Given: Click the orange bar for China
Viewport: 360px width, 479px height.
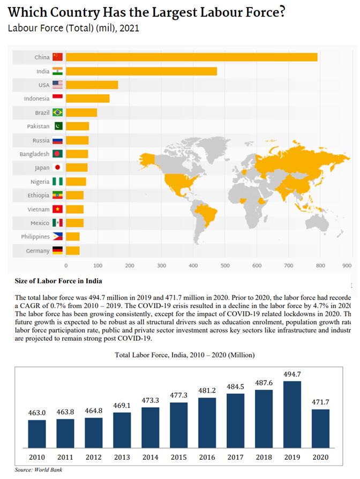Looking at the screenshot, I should click(191, 57).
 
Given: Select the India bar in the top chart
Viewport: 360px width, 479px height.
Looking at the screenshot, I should click(141, 71).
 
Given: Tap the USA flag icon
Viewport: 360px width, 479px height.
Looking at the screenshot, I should click(57, 85).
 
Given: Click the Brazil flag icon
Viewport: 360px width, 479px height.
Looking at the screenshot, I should click(57, 113).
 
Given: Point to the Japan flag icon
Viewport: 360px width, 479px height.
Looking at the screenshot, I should click(57, 168).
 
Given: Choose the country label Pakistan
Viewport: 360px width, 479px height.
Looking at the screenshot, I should click(38, 126).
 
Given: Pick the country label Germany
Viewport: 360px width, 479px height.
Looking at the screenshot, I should click(37, 251).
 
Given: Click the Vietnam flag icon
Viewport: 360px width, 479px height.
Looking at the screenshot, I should click(57, 209).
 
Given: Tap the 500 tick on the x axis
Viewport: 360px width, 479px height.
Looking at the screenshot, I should click(225, 265).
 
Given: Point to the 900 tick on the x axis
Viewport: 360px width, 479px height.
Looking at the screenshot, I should click(347, 265).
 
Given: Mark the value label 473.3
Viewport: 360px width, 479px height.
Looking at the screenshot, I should click(150, 400).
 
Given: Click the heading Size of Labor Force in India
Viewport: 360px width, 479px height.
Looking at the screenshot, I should click(58, 281).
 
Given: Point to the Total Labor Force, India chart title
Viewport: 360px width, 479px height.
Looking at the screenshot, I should click(185, 355).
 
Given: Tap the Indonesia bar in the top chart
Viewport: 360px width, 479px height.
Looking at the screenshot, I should click(87, 99).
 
